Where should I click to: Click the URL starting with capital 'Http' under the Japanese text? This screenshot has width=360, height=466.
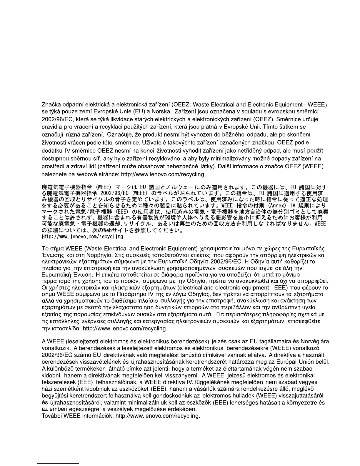pyautogui.click(x=83, y=237)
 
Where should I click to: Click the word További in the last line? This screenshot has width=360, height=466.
pyautogui.click(x=52, y=416)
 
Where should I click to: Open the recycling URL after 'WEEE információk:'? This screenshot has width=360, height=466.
pyautogui.click(x=158, y=416)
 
